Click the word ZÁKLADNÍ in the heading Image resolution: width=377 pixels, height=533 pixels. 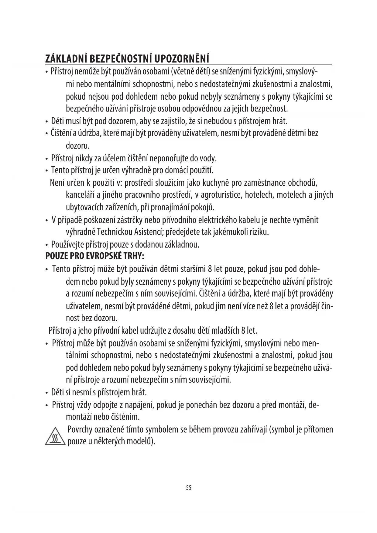tap(63, 59)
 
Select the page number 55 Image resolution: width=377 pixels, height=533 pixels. tap(189, 488)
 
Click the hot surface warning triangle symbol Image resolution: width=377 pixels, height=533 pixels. tap(55, 436)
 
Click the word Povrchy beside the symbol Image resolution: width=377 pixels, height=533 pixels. tap(80, 430)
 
